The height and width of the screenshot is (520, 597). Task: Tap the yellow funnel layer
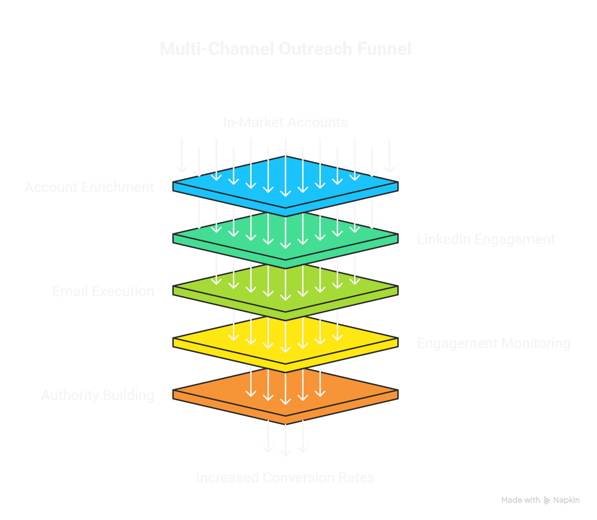point(202,341)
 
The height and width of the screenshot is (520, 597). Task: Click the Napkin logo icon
point(547,500)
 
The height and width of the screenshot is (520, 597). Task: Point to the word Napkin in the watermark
point(566,500)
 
